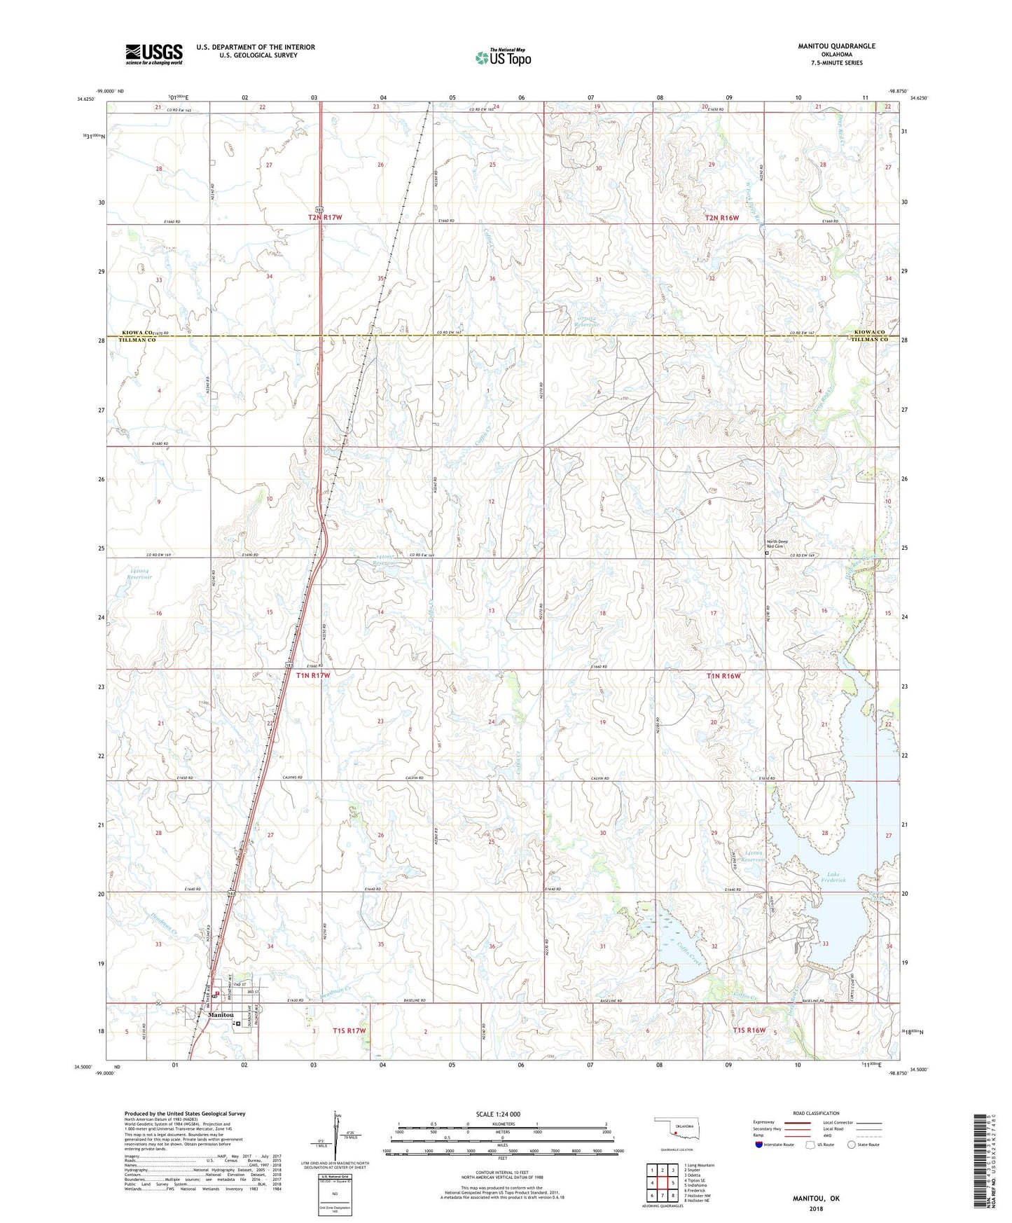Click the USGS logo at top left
pyautogui.click(x=154, y=54)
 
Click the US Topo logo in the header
pyautogui.click(x=503, y=57)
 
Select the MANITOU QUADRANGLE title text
pyautogui.click(x=836, y=46)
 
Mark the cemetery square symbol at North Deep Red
pyautogui.click(x=767, y=553)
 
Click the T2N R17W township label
pyautogui.click(x=325, y=218)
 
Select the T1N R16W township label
pyautogui.click(x=723, y=677)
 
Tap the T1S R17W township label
pyautogui.click(x=350, y=1030)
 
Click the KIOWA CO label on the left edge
pyautogui.click(x=137, y=333)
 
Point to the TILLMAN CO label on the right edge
pyautogui.click(x=869, y=340)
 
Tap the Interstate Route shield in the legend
pyautogui.click(x=758, y=1145)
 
